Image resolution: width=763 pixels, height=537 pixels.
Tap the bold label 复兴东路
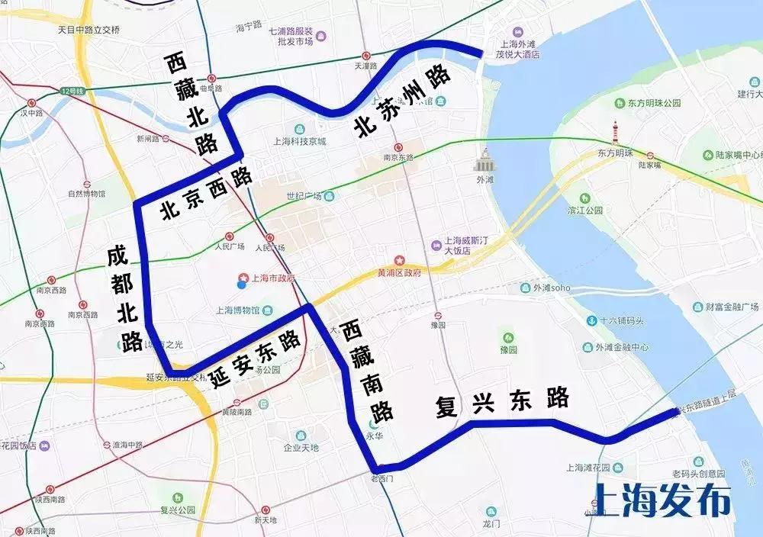502,402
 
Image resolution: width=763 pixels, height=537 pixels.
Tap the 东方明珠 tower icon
615,133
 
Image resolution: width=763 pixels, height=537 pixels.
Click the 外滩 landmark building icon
484,161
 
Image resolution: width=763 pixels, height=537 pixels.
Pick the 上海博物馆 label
238,310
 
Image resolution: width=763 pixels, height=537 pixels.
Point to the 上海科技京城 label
299,141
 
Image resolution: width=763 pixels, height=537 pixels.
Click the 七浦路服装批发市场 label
291,37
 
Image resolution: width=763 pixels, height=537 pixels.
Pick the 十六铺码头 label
623,321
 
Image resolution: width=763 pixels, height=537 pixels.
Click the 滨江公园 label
585,210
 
